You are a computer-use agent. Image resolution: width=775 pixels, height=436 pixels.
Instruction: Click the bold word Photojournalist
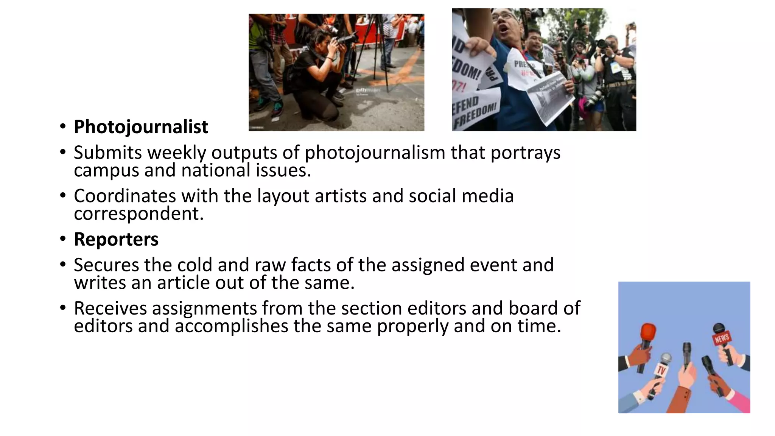pyautogui.click(x=141, y=127)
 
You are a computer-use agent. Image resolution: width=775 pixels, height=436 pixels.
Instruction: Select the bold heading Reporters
pyautogui.click(x=116, y=239)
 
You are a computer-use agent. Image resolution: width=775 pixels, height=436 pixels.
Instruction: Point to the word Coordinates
pyautogui.click(x=125, y=196)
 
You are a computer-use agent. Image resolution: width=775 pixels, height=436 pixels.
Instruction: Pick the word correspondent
pyautogui.click(x=139, y=213)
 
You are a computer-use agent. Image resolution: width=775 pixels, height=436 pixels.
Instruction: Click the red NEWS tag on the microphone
pyautogui.click(x=722, y=338)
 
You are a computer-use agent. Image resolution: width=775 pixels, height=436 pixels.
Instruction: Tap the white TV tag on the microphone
pyautogui.click(x=661, y=370)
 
